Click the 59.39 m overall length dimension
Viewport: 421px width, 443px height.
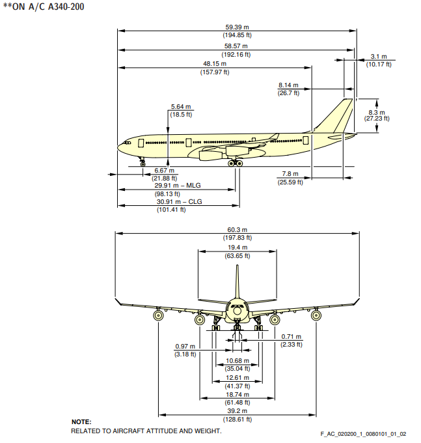[237, 27]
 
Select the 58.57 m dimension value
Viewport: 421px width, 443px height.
[237, 46]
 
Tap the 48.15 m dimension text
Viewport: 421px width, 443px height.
[214, 64]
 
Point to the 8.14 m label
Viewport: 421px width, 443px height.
[288, 85]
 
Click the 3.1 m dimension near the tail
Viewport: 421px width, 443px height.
[379, 57]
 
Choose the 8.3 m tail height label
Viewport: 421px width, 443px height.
[377, 111]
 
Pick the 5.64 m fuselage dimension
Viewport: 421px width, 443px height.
[180, 107]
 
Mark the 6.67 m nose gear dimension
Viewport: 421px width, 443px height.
[164, 171]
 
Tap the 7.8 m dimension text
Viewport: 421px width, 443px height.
[290, 174]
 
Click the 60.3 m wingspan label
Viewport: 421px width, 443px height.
[238, 230]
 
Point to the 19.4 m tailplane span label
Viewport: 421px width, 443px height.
[238, 248]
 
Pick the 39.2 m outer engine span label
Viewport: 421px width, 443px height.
[238, 412]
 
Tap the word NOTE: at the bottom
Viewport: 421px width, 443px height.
[81, 422]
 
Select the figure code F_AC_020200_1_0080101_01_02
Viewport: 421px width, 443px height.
[363, 434]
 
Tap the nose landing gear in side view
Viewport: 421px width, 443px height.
[143, 160]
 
